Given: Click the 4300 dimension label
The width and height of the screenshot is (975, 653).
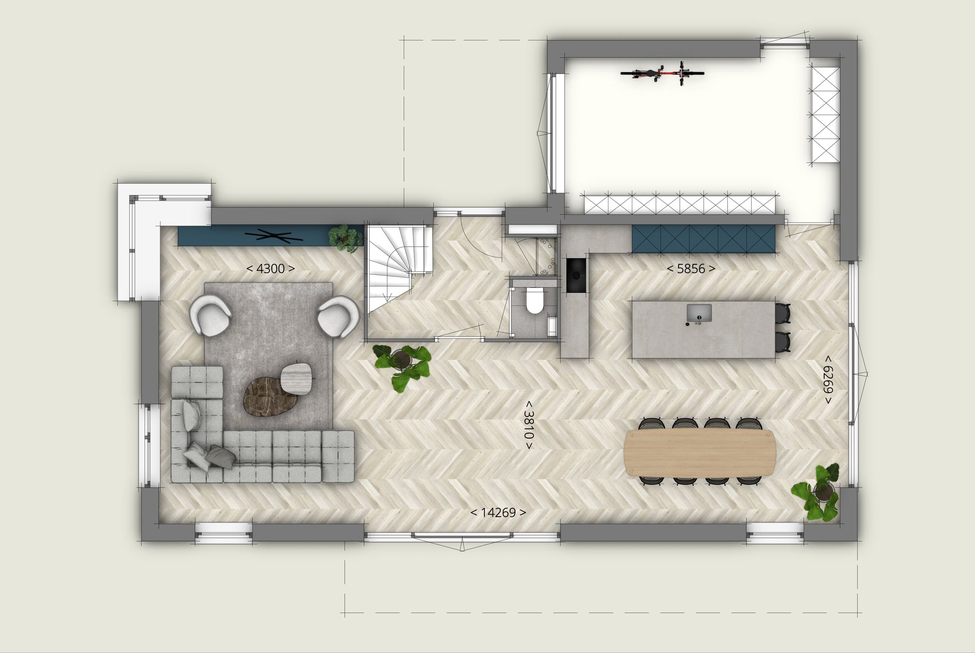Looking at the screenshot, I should pos(270,269).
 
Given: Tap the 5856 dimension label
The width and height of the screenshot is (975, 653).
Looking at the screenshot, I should pos(691,269).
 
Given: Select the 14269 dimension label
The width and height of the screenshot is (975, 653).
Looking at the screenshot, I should pos(498,513).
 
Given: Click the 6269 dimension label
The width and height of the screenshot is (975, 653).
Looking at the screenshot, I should pos(827,379).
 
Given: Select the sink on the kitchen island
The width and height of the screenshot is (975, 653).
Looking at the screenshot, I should pos(699,312).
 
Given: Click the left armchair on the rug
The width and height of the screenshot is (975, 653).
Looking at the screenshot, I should pos(211,314).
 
